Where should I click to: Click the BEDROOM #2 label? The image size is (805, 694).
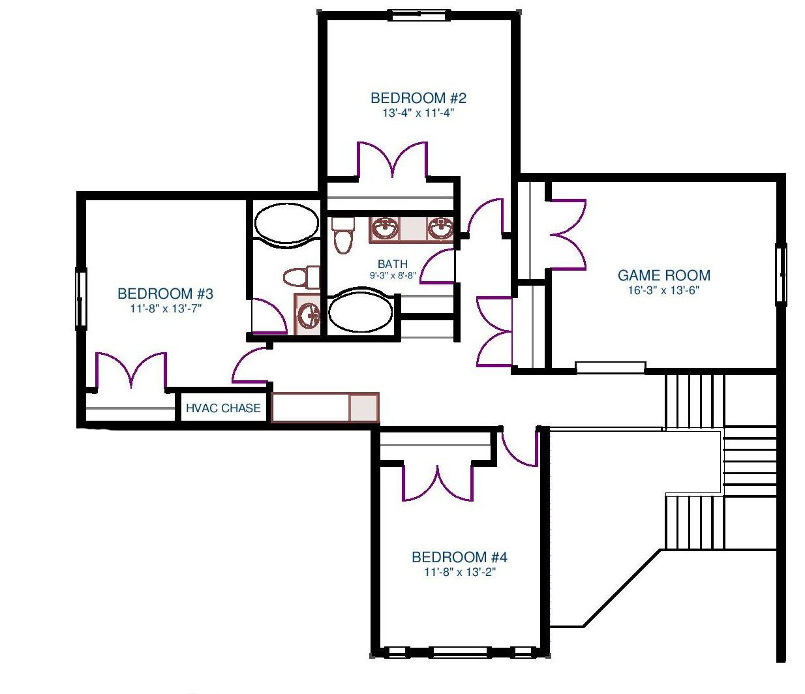pyautogui.click(x=418, y=98)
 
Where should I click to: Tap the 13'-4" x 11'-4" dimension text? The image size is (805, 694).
pyautogui.click(x=418, y=113)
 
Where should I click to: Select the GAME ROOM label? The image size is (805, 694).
pyautogui.click(x=664, y=275)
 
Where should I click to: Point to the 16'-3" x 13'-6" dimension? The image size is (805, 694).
pyautogui.click(x=664, y=290)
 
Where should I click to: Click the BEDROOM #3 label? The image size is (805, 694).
pyautogui.click(x=166, y=294)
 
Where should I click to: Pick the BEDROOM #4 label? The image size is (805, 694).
pyautogui.click(x=459, y=557)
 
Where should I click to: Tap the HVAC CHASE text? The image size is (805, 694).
pyautogui.click(x=223, y=408)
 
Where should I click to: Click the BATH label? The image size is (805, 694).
pyautogui.click(x=393, y=264)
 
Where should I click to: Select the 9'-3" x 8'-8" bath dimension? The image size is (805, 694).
pyautogui.click(x=393, y=275)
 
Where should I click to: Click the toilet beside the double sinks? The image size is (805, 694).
pyautogui.click(x=343, y=235)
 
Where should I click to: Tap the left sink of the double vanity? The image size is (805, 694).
pyautogui.click(x=384, y=228)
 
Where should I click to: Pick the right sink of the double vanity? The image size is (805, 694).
pyautogui.click(x=440, y=228)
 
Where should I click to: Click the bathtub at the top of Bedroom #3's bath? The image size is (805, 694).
pyautogui.click(x=286, y=223)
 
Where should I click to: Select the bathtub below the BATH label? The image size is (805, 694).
pyautogui.click(x=360, y=310)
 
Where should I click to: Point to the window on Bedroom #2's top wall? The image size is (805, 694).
pyautogui.click(x=421, y=16)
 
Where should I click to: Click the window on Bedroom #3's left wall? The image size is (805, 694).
pyautogui.click(x=81, y=299)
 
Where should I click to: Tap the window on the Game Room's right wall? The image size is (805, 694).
pyautogui.click(x=780, y=275)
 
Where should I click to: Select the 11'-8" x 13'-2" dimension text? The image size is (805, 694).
pyautogui.click(x=459, y=573)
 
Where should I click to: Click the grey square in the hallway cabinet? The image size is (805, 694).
pyautogui.click(x=364, y=408)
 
